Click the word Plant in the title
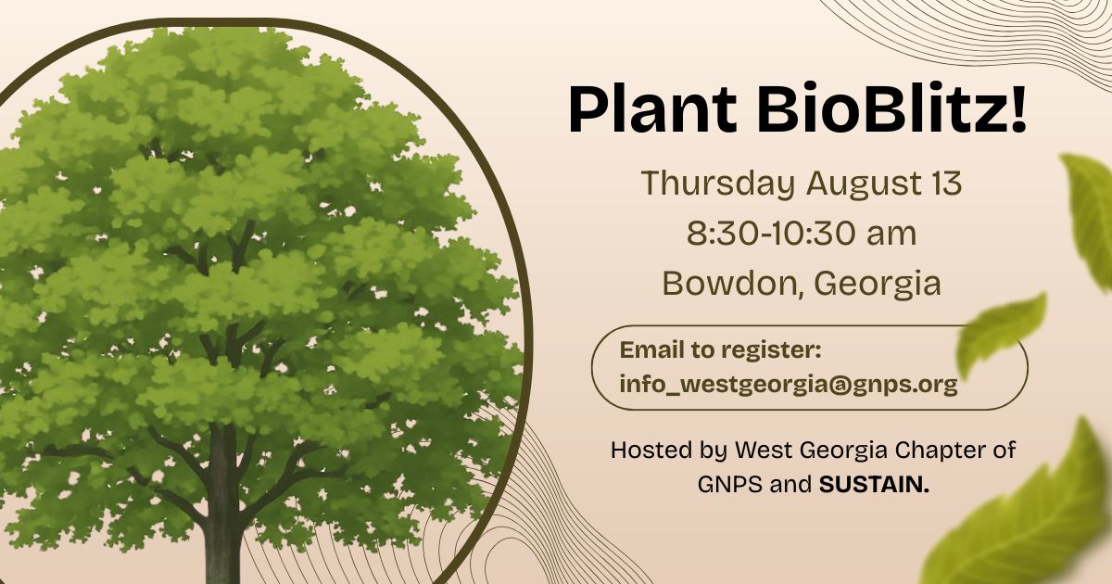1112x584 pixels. coord(652,109)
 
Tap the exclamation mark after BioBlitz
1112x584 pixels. coord(1017,109)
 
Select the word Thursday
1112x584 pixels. coord(718,184)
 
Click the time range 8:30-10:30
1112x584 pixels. coord(771,234)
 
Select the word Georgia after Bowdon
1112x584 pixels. coord(878,285)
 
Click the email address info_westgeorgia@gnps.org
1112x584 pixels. coord(789,385)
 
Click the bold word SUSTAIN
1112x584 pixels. coord(874,485)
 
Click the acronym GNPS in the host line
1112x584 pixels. coord(730,485)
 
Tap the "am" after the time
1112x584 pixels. coord(891,235)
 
